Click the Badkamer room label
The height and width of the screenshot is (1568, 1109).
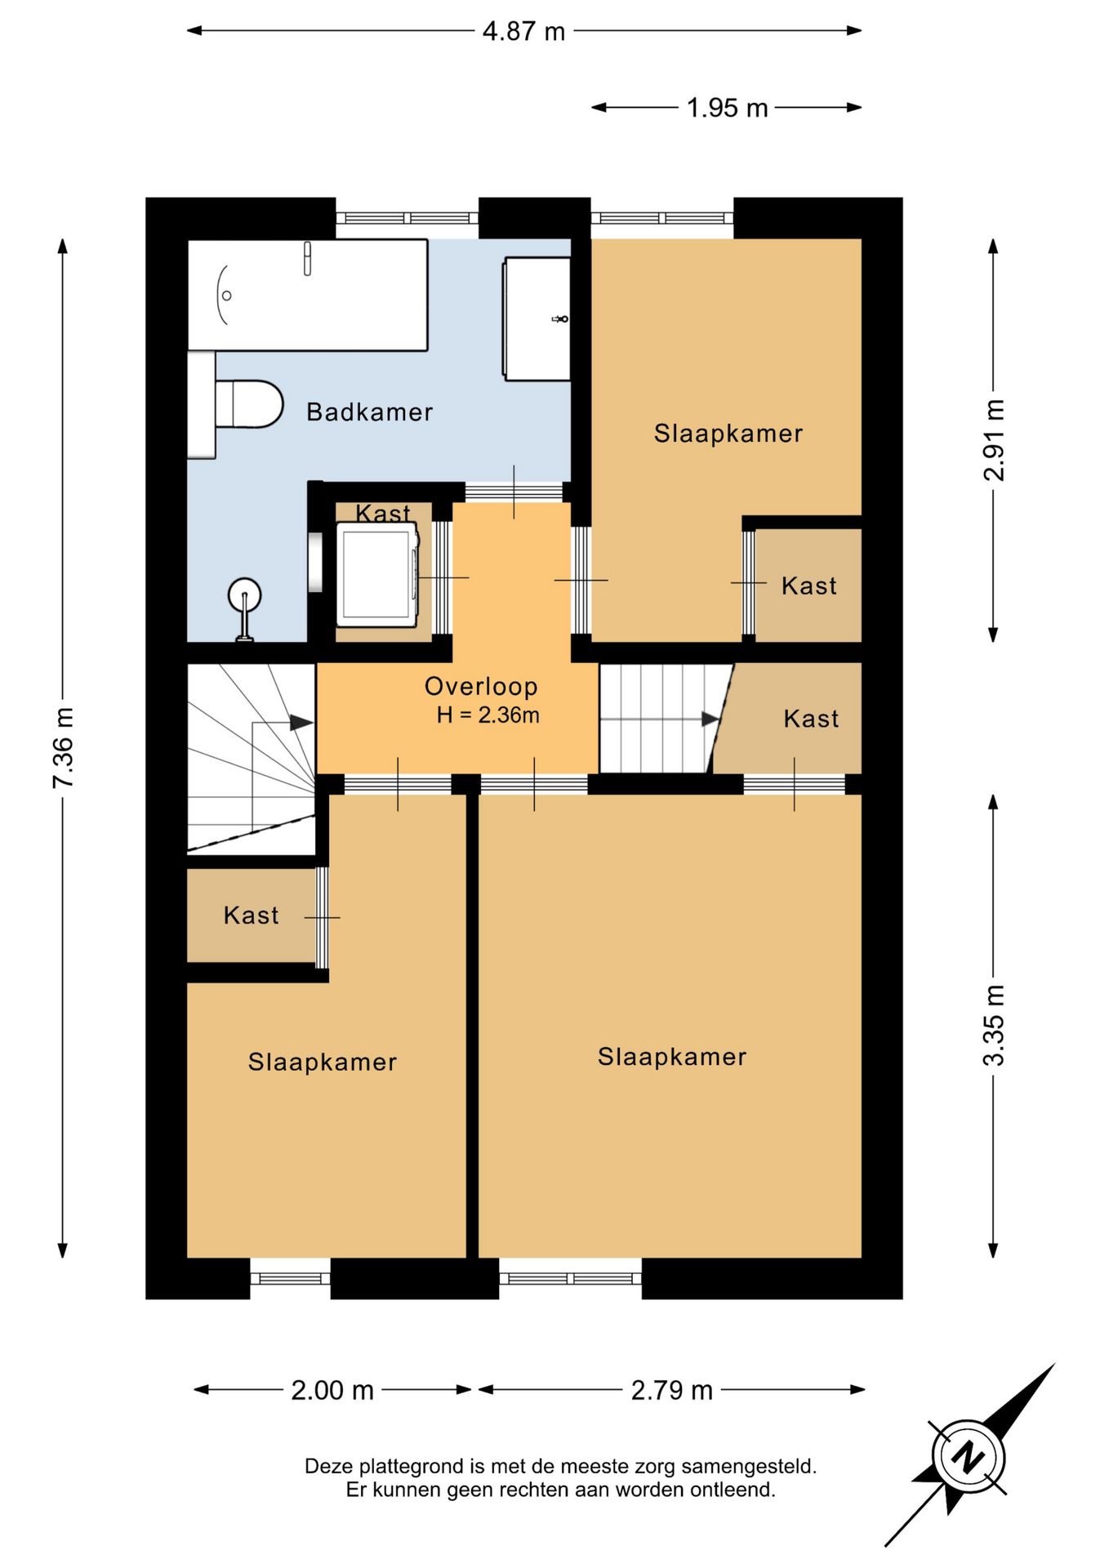tap(369, 412)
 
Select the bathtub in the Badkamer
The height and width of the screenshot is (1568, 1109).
tap(308, 295)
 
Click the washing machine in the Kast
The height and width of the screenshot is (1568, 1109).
tap(376, 575)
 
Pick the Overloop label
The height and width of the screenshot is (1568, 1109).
tap(481, 686)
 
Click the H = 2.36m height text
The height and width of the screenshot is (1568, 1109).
tap(488, 715)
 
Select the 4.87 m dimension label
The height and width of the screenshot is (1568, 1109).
tap(523, 31)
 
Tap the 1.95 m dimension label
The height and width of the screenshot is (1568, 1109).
tap(727, 108)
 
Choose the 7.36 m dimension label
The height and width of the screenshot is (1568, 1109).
tap(63, 748)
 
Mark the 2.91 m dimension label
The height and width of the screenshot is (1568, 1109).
tap(993, 440)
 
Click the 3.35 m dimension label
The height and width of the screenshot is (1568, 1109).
tap(993, 1026)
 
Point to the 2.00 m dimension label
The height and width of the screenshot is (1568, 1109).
tap(332, 1390)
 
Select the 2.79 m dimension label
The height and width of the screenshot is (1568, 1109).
tap(672, 1390)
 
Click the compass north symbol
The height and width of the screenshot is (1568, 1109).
tap(969, 1456)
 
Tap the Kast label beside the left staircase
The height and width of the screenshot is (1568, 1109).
tap(251, 915)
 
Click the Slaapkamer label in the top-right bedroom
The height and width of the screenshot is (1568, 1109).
tap(728, 433)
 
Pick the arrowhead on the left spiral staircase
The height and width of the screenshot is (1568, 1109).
tap(301, 723)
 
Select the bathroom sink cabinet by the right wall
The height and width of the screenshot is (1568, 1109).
tap(537, 318)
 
